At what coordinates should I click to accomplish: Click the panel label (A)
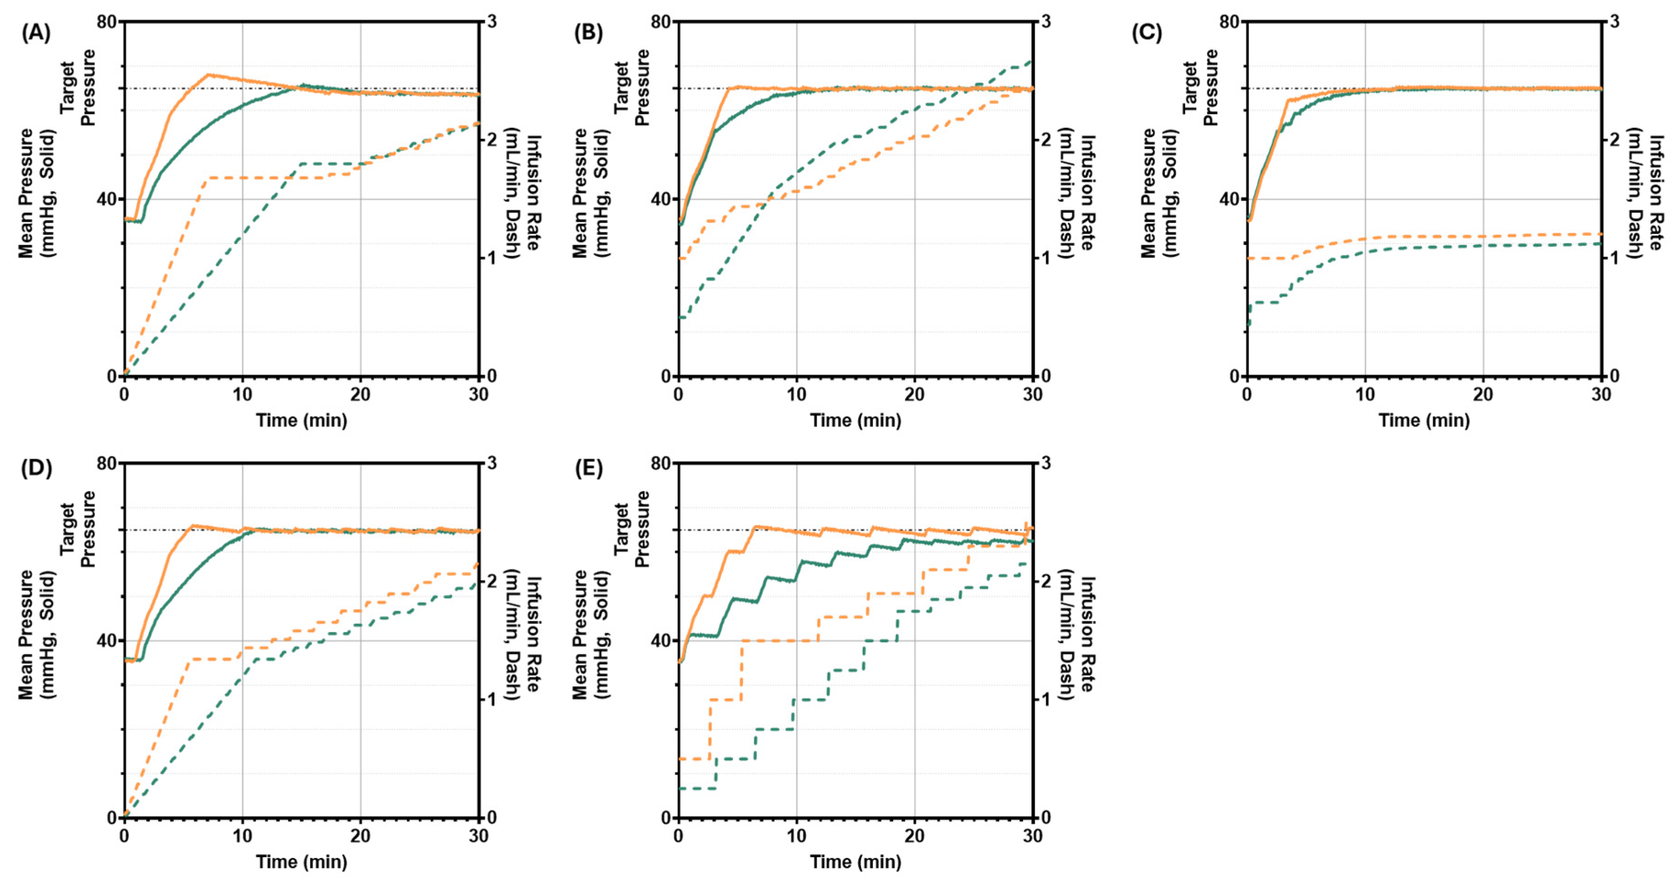point(36,33)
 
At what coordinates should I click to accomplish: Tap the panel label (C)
point(1146,33)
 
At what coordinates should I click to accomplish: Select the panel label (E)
point(589,469)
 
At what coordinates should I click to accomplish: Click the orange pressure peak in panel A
point(208,75)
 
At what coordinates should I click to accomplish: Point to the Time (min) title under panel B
point(855,420)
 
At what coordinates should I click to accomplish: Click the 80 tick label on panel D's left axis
point(107,463)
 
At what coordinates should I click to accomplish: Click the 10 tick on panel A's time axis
point(242,394)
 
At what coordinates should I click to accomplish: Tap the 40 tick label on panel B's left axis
point(660,199)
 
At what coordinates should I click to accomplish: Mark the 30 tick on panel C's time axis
point(1601,394)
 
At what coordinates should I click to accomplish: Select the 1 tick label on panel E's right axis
point(1046,699)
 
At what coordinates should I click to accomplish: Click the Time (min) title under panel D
point(301,862)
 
